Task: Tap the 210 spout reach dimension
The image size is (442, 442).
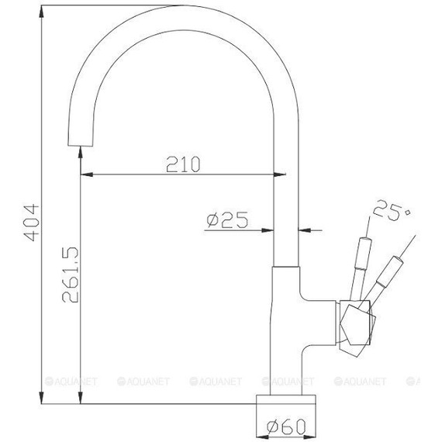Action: pyautogui.click(x=183, y=164)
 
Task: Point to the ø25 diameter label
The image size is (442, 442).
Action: pyautogui.click(x=226, y=220)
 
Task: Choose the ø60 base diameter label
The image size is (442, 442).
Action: pyautogui.click(x=287, y=425)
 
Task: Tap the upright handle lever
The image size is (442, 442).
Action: pyautogui.click(x=358, y=264)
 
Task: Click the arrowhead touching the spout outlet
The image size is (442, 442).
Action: pyautogui.click(x=80, y=156)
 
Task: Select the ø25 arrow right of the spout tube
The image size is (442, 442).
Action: pyautogui.click(x=304, y=230)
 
